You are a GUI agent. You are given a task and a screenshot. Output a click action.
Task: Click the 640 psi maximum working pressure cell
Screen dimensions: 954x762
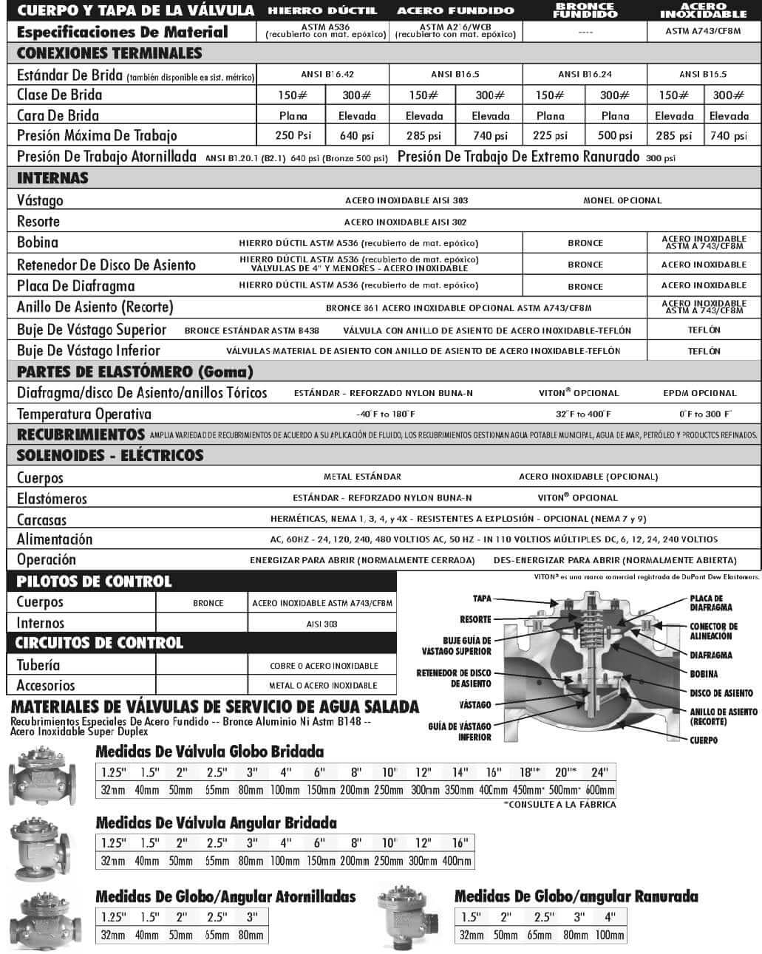[357, 135]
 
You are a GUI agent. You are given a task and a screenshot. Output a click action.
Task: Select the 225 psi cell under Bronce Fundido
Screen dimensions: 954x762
[551, 135]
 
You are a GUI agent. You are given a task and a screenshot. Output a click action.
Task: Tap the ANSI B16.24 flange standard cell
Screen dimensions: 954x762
[585, 74]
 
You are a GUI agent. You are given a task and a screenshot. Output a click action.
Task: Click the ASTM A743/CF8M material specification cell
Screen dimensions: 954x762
[703, 31]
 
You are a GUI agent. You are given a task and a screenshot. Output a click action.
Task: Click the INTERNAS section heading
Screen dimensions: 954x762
[52, 178]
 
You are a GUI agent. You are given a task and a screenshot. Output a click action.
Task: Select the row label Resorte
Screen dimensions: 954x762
[38, 221]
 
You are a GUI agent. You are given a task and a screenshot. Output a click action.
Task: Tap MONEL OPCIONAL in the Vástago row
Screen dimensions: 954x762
[622, 200]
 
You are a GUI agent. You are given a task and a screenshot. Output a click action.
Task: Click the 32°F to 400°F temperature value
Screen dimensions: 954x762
[583, 414]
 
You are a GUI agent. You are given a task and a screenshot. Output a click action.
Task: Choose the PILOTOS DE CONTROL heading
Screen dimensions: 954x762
[94, 582]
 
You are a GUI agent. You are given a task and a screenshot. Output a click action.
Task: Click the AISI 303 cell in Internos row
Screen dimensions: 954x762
[322, 624]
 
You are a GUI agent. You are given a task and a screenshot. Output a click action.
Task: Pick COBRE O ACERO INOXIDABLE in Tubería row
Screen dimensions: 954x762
[324, 666]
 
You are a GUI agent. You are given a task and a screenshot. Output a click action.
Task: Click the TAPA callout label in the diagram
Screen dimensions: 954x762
[482, 599]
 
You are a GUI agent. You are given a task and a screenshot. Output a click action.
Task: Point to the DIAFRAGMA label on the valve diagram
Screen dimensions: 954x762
[711, 655]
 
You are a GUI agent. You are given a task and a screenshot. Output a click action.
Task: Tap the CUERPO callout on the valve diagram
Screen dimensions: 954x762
[704, 740]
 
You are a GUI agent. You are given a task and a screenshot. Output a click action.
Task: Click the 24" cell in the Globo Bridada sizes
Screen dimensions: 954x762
[599, 772]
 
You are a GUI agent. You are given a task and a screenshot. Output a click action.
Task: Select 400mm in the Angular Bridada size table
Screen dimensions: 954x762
[457, 861]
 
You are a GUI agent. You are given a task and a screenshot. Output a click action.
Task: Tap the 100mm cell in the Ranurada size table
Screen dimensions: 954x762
[610, 935]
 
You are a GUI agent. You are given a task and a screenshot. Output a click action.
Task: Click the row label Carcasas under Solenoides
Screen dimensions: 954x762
[41, 519]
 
